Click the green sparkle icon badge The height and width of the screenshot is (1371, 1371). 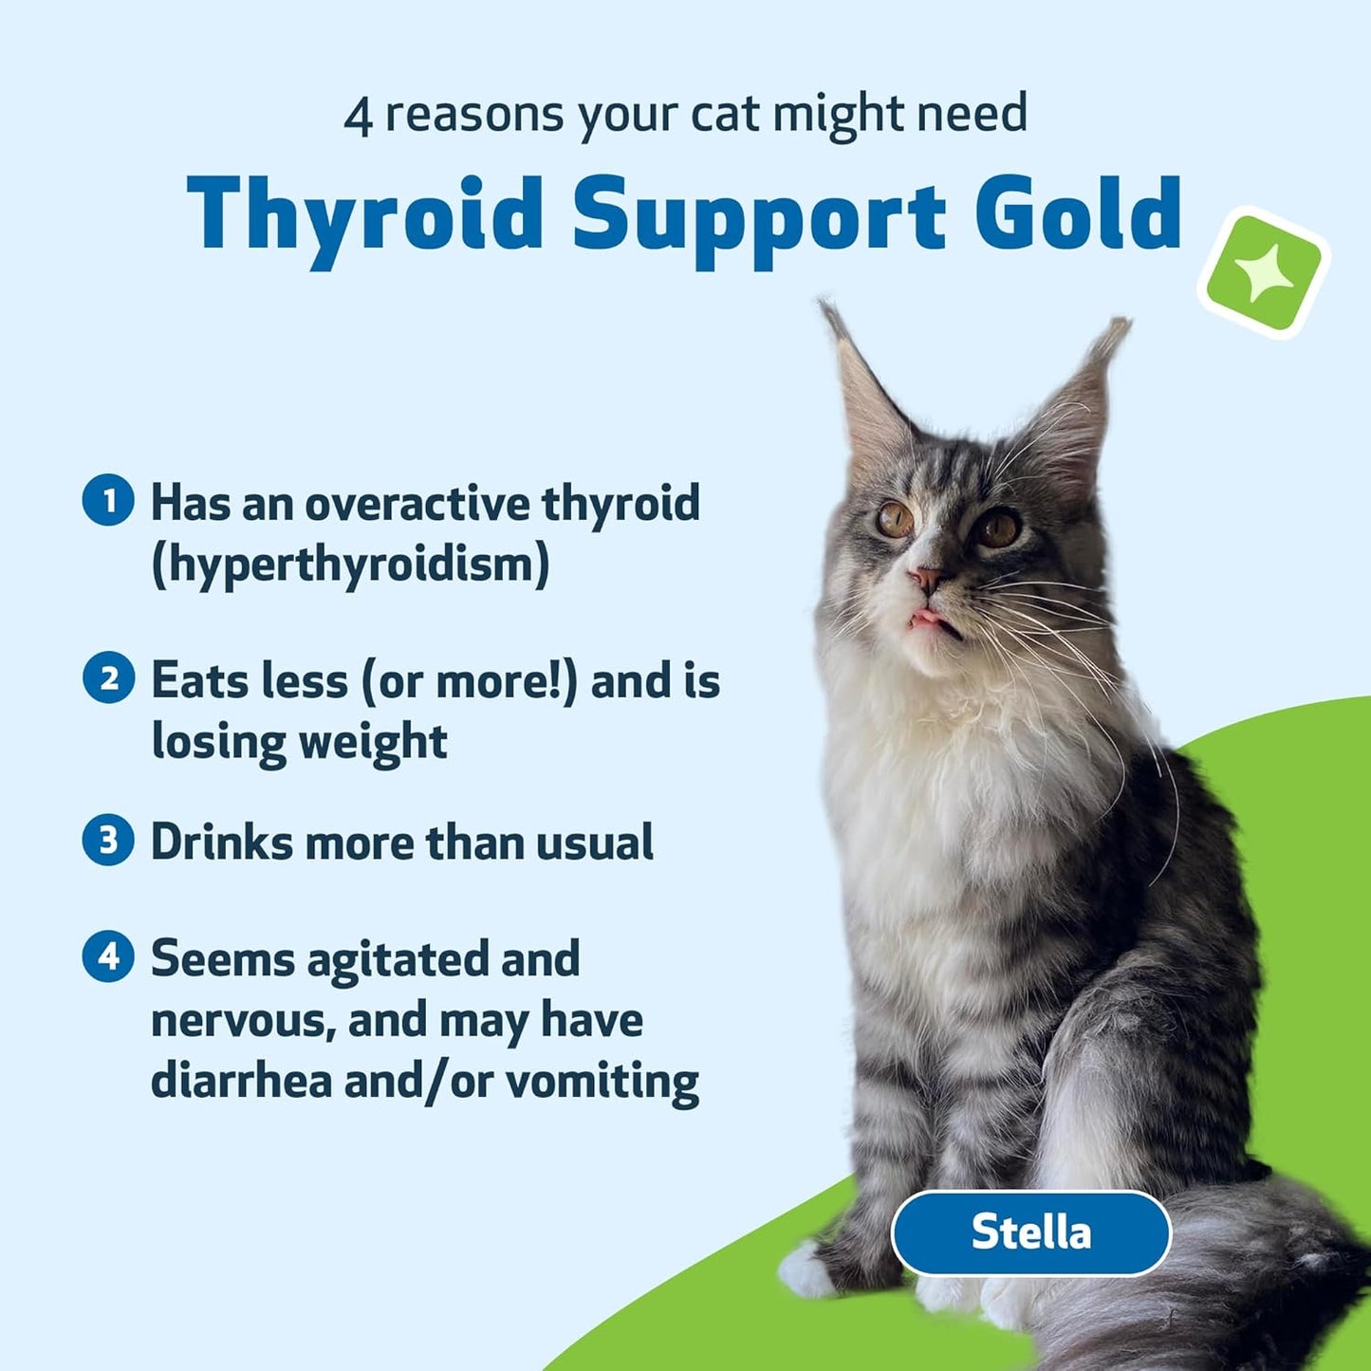(1263, 273)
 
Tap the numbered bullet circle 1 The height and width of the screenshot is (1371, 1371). (108, 500)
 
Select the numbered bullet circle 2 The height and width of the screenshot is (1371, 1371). (108, 678)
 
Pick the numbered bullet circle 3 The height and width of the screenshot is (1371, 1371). (108, 841)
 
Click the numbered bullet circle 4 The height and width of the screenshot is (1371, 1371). (108, 956)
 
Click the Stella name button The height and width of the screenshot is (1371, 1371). (1031, 1232)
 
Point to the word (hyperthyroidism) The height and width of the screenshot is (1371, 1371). (350, 565)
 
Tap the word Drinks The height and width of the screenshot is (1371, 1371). (221, 842)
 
